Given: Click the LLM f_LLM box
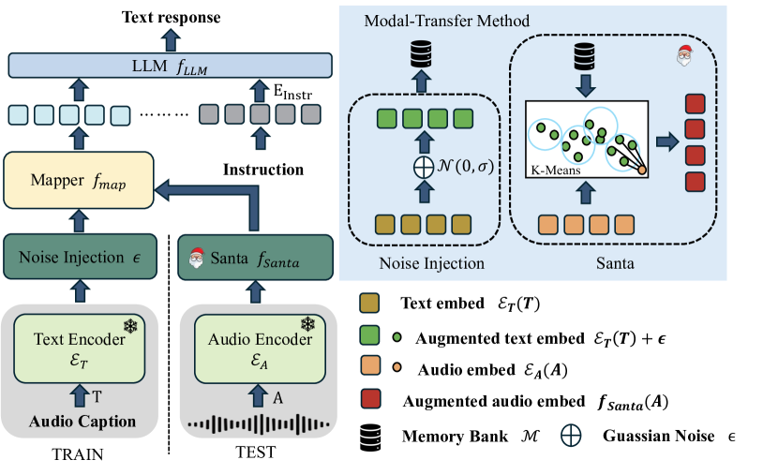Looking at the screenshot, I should [170, 65].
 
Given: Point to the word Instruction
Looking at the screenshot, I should [262, 170].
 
